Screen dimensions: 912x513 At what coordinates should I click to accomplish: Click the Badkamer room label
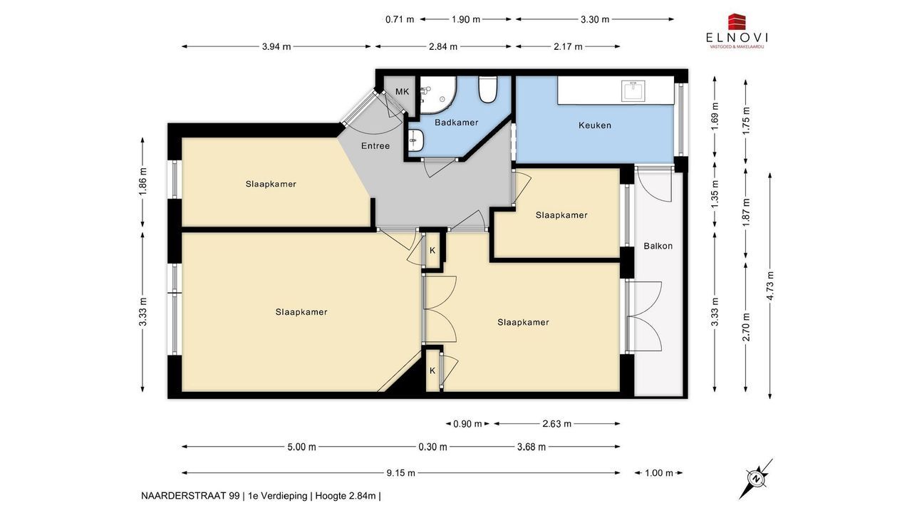456,122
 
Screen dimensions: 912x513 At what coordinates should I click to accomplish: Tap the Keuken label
595,125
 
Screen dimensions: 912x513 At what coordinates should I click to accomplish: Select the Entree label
375,146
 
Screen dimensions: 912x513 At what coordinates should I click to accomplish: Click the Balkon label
658,246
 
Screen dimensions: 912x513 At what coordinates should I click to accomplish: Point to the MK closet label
403,92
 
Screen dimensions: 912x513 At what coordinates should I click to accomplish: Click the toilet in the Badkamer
487,90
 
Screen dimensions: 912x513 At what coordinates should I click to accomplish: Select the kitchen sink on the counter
633,90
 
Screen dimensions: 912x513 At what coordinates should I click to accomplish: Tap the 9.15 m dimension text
400,472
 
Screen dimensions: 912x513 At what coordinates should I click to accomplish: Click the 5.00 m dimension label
301,447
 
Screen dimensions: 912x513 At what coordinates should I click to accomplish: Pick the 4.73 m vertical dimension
770,286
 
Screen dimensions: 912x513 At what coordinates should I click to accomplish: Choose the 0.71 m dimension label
400,19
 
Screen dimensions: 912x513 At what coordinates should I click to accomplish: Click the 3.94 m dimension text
276,46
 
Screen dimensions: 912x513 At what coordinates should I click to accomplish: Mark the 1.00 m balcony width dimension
659,472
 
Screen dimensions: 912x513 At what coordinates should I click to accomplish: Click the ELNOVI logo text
737,38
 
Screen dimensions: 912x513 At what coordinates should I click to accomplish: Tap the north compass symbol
756,478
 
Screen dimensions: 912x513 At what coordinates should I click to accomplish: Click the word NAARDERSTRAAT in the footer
190,496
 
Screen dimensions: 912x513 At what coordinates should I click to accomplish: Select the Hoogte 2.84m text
346,496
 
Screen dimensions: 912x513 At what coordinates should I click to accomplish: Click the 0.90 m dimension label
467,424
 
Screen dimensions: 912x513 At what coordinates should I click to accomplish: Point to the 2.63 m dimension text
556,424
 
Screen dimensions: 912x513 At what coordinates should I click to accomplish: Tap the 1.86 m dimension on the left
142,182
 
